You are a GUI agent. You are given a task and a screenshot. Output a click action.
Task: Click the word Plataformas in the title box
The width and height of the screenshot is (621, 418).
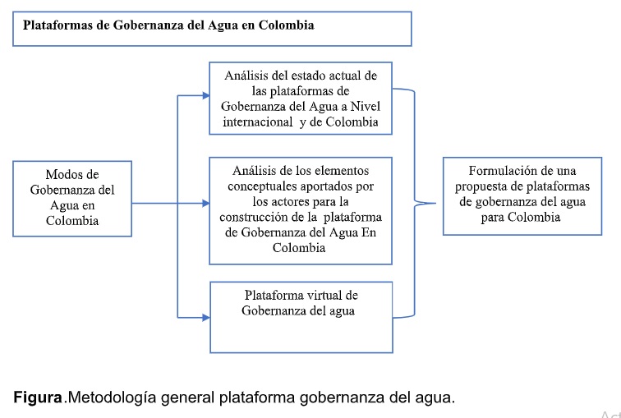coord(57,25)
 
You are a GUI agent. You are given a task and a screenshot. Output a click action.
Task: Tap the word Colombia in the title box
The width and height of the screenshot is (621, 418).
coord(287,25)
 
